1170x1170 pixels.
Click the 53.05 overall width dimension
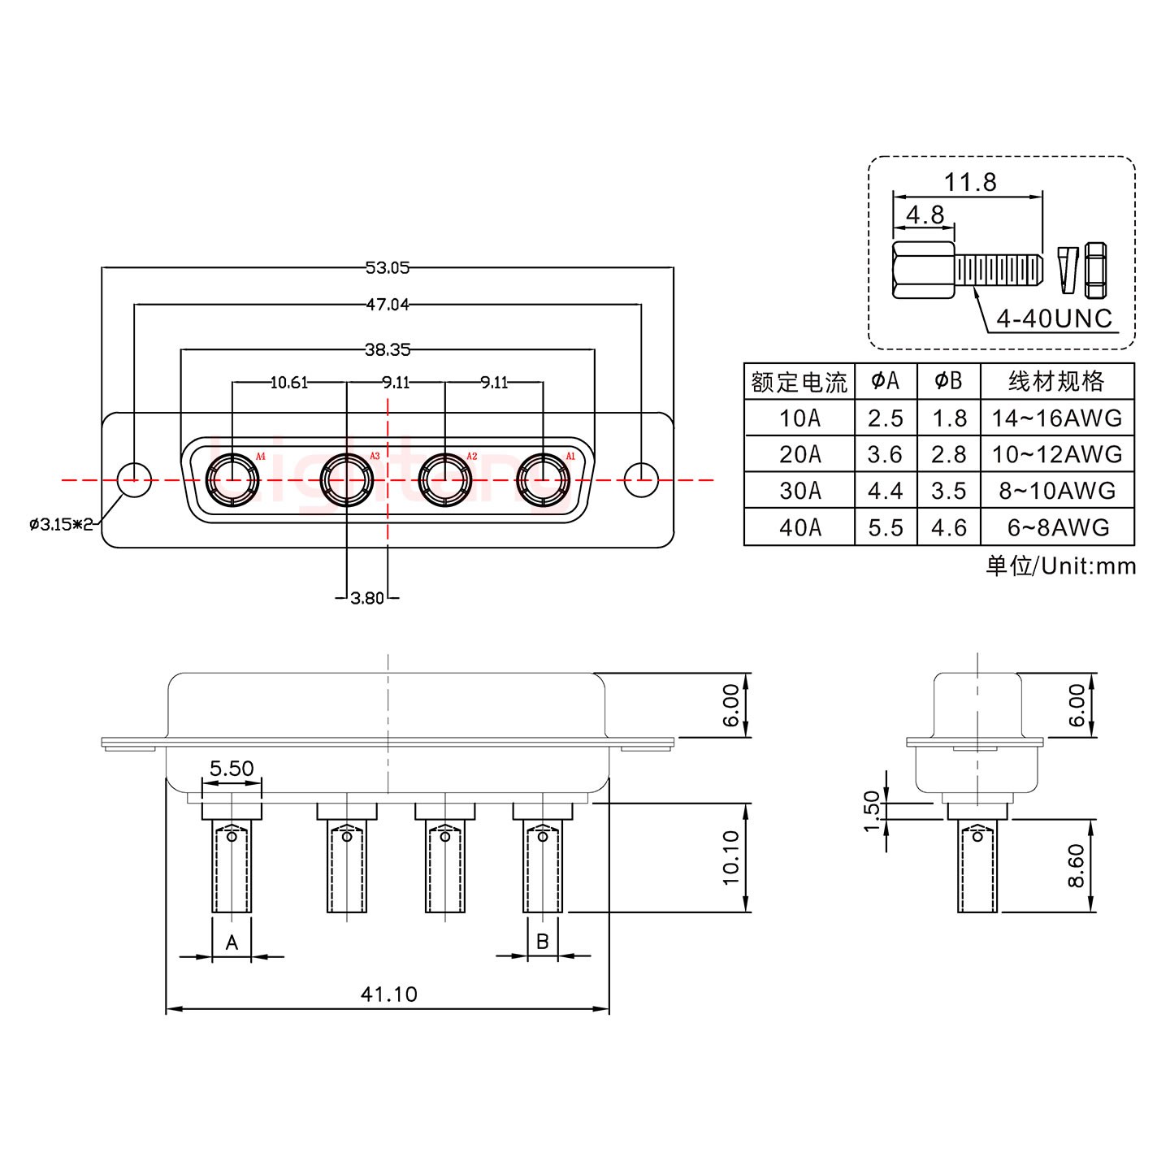click(x=388, y=267)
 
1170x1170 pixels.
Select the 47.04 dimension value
click(x=388, y=305)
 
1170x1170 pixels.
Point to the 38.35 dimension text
click(x=388, y=350)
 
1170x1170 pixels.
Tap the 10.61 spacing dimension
click(x=288, y=382)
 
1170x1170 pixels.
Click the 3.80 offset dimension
click(x=366, y=599)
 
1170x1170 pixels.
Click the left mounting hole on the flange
click(x=134, y=479)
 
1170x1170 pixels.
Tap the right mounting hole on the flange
click(x=641, y=479)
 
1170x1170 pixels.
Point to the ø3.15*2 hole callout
click(x=61, y=525)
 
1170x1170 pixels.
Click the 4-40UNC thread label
click(x=1054, y=318)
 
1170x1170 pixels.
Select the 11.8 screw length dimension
click(x=969, y=182)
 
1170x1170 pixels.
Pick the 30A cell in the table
click(x=799, y=491)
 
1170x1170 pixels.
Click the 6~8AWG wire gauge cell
click(x=1057, y=528)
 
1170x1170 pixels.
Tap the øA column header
click(x=885, y=380)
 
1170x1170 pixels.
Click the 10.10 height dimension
click(x=730, y=857)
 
